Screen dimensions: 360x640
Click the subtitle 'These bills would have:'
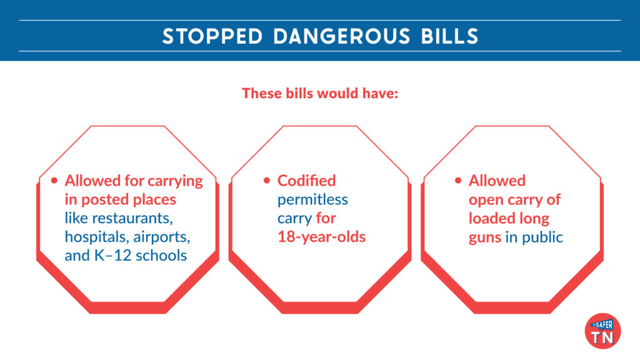pos(320,94)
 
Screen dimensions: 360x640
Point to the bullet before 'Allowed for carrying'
pos(54,181)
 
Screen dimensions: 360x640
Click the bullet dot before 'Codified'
pos(267,181)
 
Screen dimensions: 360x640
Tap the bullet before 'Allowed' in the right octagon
pos(458,181)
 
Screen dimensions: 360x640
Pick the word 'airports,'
pos(160,237)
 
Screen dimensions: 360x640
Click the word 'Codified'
pos(306,181)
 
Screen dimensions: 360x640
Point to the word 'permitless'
pos(312,199)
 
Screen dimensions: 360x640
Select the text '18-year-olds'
pos(322,237)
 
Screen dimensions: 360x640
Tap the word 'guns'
pos(485,237)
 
